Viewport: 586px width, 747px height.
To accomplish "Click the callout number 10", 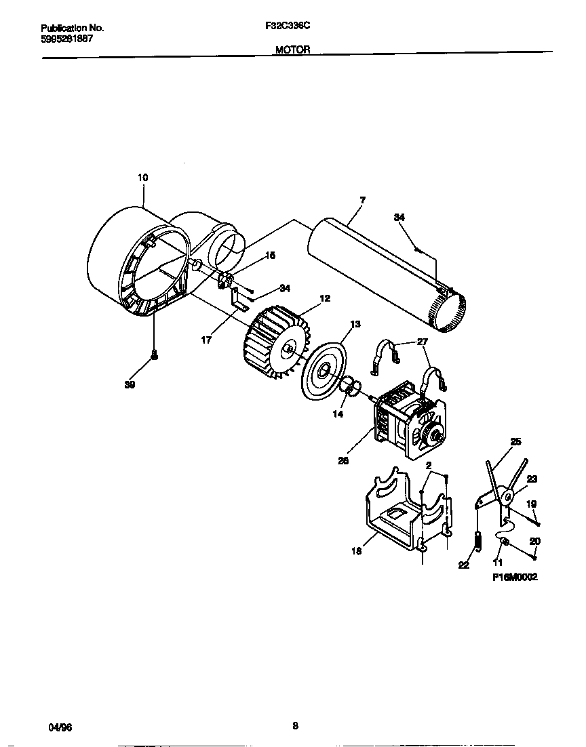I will pyautogui.click(x=142, y=178).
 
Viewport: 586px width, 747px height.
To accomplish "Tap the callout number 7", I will pyautogui.click(x=362, y=200).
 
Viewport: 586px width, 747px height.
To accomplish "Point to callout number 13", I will pyautogui.click(x=354, y=324).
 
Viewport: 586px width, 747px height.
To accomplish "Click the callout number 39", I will pyautogui.click(x=130, y=384).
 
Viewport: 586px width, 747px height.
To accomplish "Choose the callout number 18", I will pyautogui.click(x=357, y=551).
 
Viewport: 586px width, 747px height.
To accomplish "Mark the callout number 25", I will pyautogui.click(x=515, y=442).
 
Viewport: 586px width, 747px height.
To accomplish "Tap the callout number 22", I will pyautogui.click(x=463, y=565).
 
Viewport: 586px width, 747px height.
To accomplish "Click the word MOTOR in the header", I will pyautogui.click(x=293, y=49).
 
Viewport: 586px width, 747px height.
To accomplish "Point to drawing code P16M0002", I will pyautogui.click(x=515, y=578).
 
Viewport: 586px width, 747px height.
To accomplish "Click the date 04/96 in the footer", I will pyautogui.click(x=60, y=727).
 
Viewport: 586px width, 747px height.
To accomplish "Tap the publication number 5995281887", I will pyautogui.click(x=67, y=39).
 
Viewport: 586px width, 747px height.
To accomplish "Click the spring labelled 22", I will pyautogui.click(x=477, y=540).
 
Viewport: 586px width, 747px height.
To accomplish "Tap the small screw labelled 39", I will pyautogui.click(x=155, y=355).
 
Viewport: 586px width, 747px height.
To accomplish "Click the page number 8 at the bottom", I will pyautogui.click(x=295, y=725).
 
